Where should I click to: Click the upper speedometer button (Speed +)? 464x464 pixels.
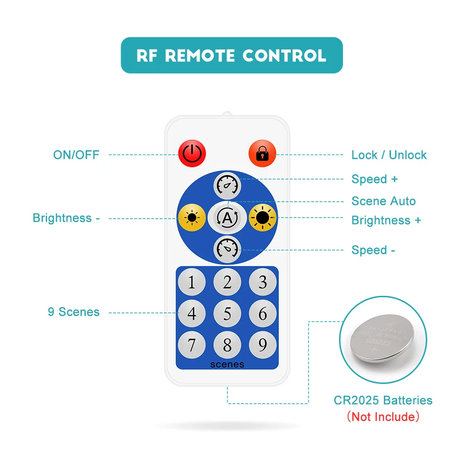pyautogui.click(x=228, y=185)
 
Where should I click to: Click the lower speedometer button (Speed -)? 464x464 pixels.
pyautogui.click(x=228, y=250)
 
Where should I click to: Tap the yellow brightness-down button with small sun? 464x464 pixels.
pyautogui.click(x=191, y=218)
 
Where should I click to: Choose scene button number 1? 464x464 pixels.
pyautogui.click(x=191, y=282)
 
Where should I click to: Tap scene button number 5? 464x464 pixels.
pyautogui.click(x=228, y=314)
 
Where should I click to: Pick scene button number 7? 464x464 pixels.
pyautogui.click(x=191, y=345)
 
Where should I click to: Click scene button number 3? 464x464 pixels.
pyautogui.click(x=263, y=282)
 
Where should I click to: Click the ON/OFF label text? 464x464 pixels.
pyautogui.click(x=76, y=155)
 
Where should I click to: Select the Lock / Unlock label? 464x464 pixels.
pyautogui.click(x=389, y=155)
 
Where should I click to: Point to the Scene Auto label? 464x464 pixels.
pyautogui.click(x=383, y=201)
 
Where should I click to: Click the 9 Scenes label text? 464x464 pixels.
pyautogui.click(x=73, y=312)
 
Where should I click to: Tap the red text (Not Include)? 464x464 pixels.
pyautogui.click(x=383, y=416)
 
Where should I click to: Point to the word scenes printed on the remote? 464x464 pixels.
pyautogui.click(x=227, y=364)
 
